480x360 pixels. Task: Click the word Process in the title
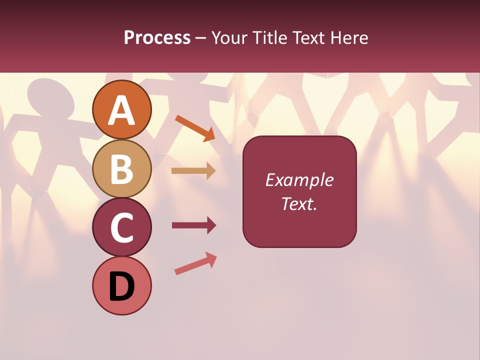(x=157, y=38)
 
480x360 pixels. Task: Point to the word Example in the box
(x=299, y=180)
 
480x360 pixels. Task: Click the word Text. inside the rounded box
(x=299, y=203)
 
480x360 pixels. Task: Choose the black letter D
(x=122, y=287)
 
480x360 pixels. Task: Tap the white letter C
(x=122, y=228)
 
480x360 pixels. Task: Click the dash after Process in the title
(x=201, y=38)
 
